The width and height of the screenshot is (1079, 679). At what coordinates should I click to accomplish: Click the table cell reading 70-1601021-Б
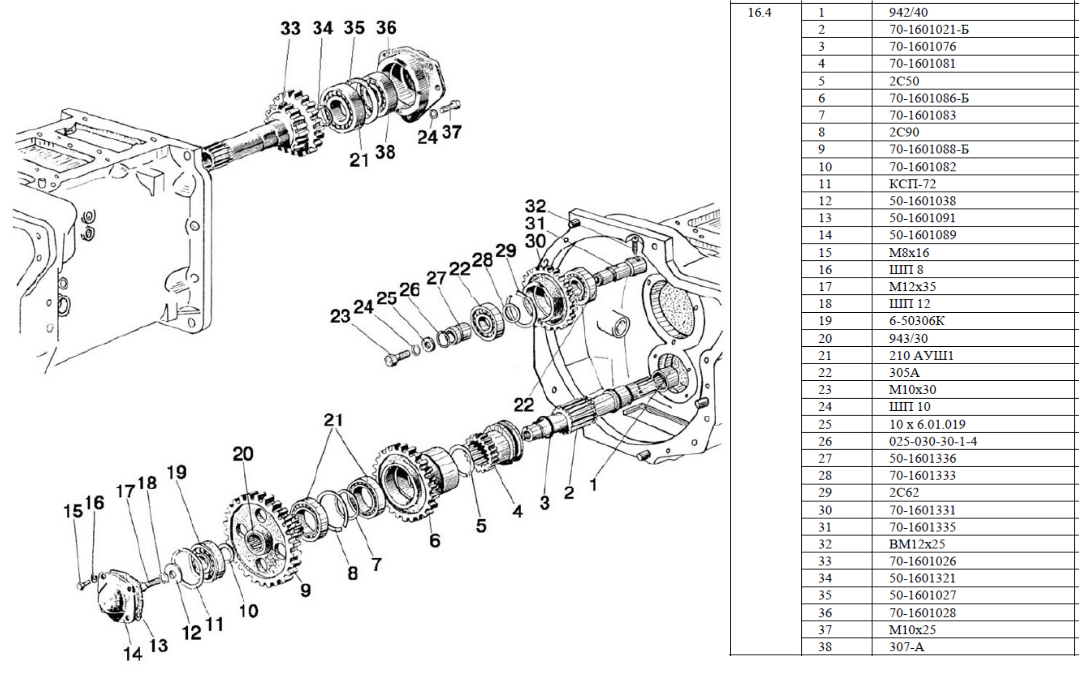pos(928,30)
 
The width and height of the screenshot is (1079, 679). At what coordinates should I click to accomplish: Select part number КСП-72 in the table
pos(912,184)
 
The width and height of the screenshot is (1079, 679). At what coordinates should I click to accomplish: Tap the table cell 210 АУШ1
pos(921,355)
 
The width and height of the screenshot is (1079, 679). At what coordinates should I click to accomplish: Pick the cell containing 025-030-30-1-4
pos(933,442)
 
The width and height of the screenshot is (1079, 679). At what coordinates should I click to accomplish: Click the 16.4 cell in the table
pos(760,12)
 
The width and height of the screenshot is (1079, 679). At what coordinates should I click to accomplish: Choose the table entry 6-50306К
pos(917,321)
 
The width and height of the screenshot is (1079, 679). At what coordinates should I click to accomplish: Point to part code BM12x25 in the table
pos(917,544)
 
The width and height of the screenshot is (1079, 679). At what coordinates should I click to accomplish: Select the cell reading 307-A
pos(906,647)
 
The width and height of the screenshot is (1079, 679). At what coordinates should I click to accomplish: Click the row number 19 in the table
pos(824,321)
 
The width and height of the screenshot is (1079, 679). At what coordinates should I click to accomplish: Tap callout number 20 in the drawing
pos(243,454)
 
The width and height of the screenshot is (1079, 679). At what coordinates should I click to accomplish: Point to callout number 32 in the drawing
pos(536,206)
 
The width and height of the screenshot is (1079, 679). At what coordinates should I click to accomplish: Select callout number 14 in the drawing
pos(133,654)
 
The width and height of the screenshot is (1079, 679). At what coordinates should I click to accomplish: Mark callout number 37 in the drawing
pos(452,132)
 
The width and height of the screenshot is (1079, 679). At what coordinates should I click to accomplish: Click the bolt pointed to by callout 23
pos(397,357)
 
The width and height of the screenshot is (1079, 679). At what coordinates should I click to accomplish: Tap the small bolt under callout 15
pos(81,585)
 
